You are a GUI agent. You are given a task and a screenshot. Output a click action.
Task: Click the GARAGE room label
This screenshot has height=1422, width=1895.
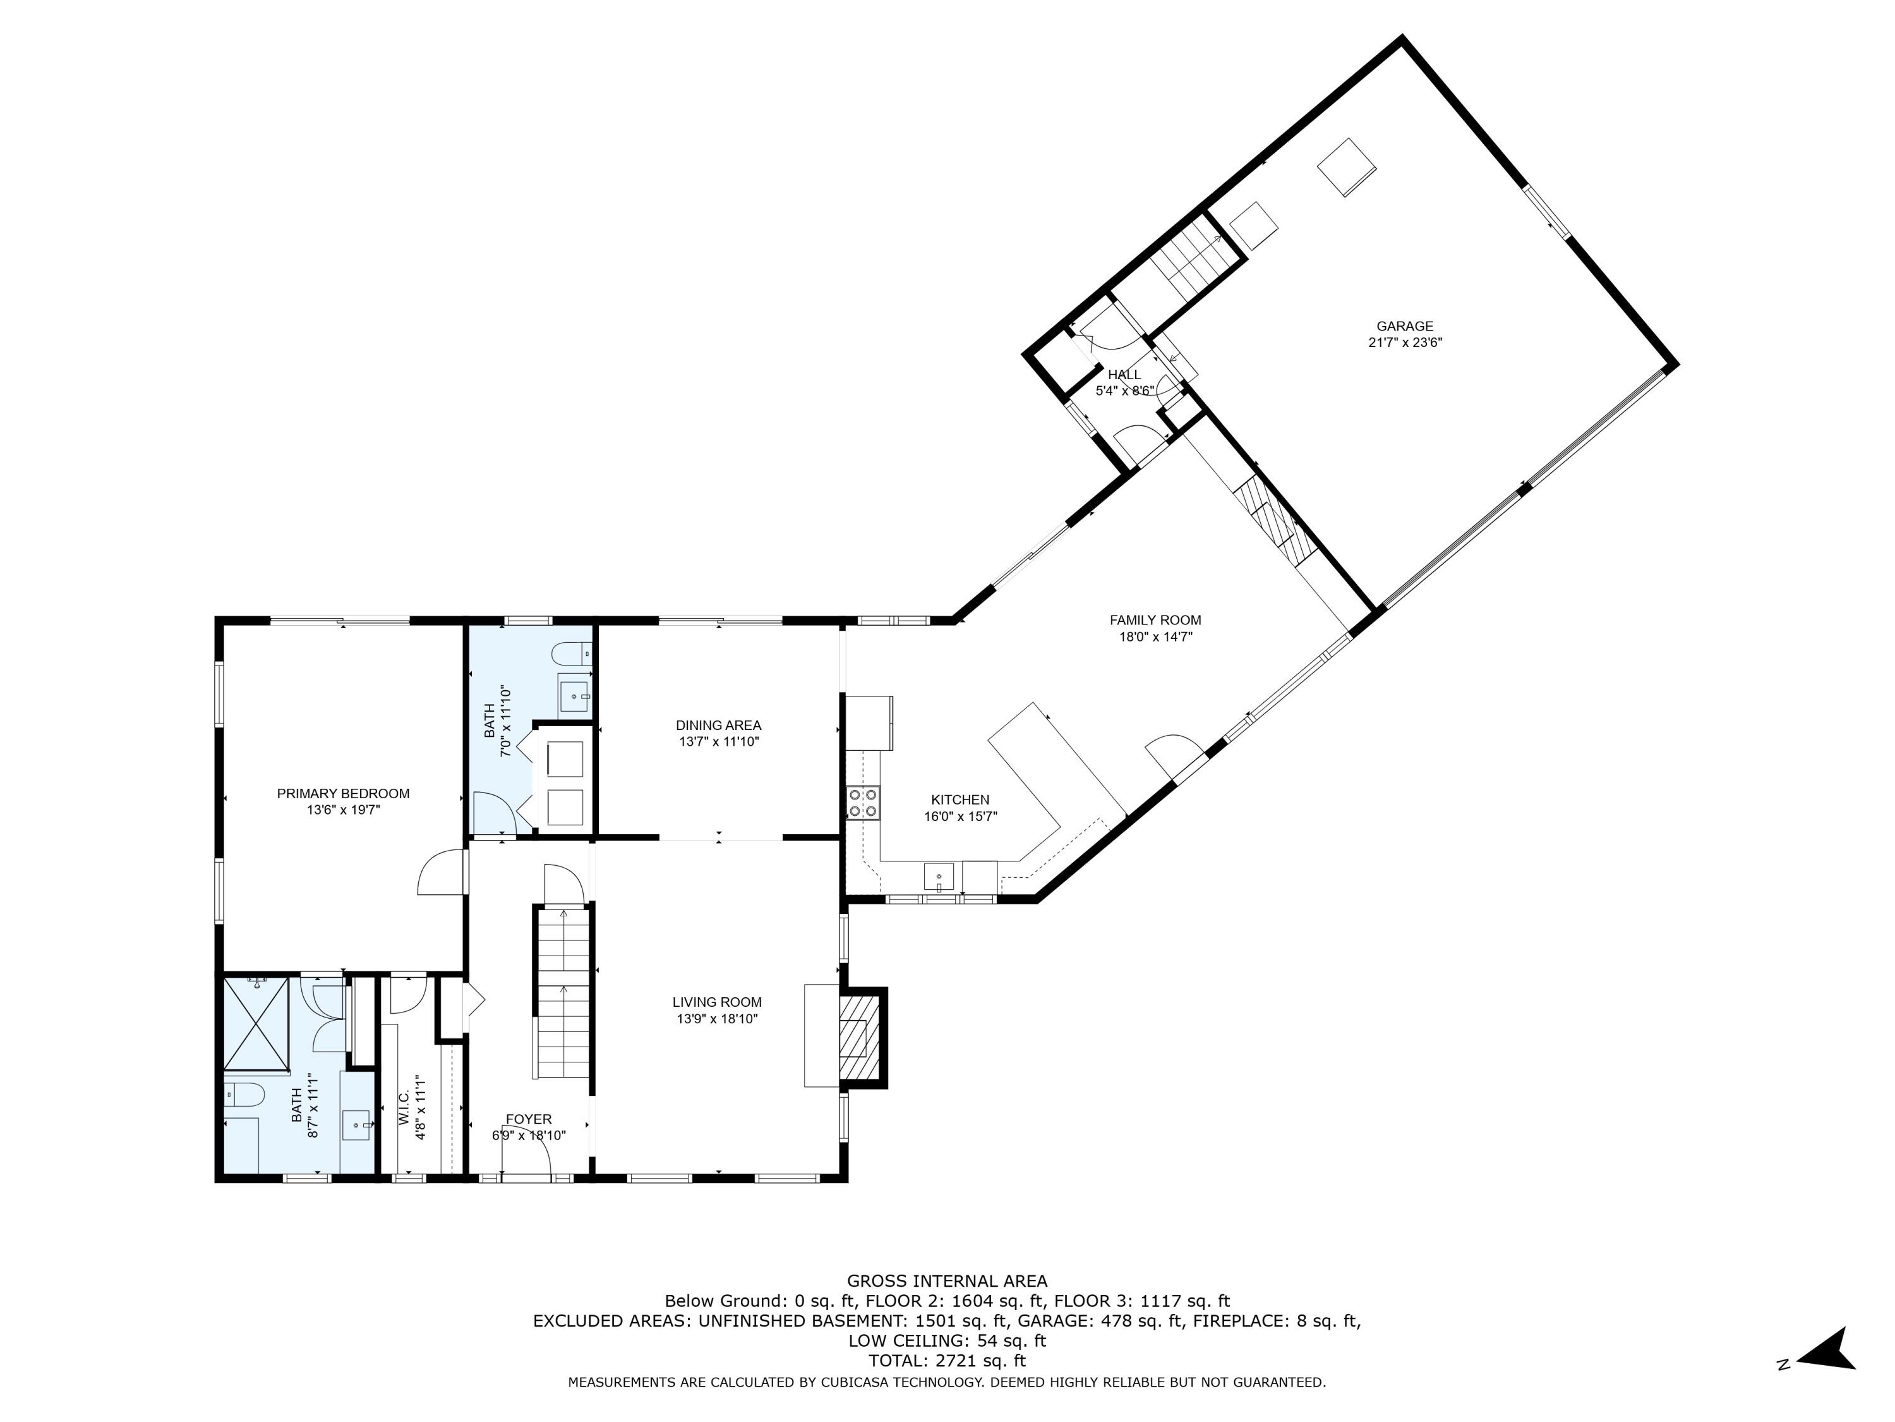pyautogui.click(x=1404, y=325)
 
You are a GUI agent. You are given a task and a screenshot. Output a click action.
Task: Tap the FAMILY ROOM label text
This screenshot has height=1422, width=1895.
pyautogui.click(x=1155, y=620)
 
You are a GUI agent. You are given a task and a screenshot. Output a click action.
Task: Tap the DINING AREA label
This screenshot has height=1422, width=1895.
pyautogui.click(x=718, y=725)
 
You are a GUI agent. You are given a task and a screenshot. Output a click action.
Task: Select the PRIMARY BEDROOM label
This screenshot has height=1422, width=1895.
pyautogui.click(x=342, y=794)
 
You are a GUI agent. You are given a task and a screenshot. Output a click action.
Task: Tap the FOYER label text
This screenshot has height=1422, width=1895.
pyautogui.click(x=529, y=1119)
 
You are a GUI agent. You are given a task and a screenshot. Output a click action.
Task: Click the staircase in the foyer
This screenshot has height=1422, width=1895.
pyautogui.click(x=563, y=994)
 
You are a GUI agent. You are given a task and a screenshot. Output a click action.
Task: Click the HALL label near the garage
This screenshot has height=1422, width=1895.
pyautogui.click(x=1124, y=375)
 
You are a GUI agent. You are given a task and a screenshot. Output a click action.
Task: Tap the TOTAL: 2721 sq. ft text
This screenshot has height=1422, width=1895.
pyautogui.click(x=947, y=1360)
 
